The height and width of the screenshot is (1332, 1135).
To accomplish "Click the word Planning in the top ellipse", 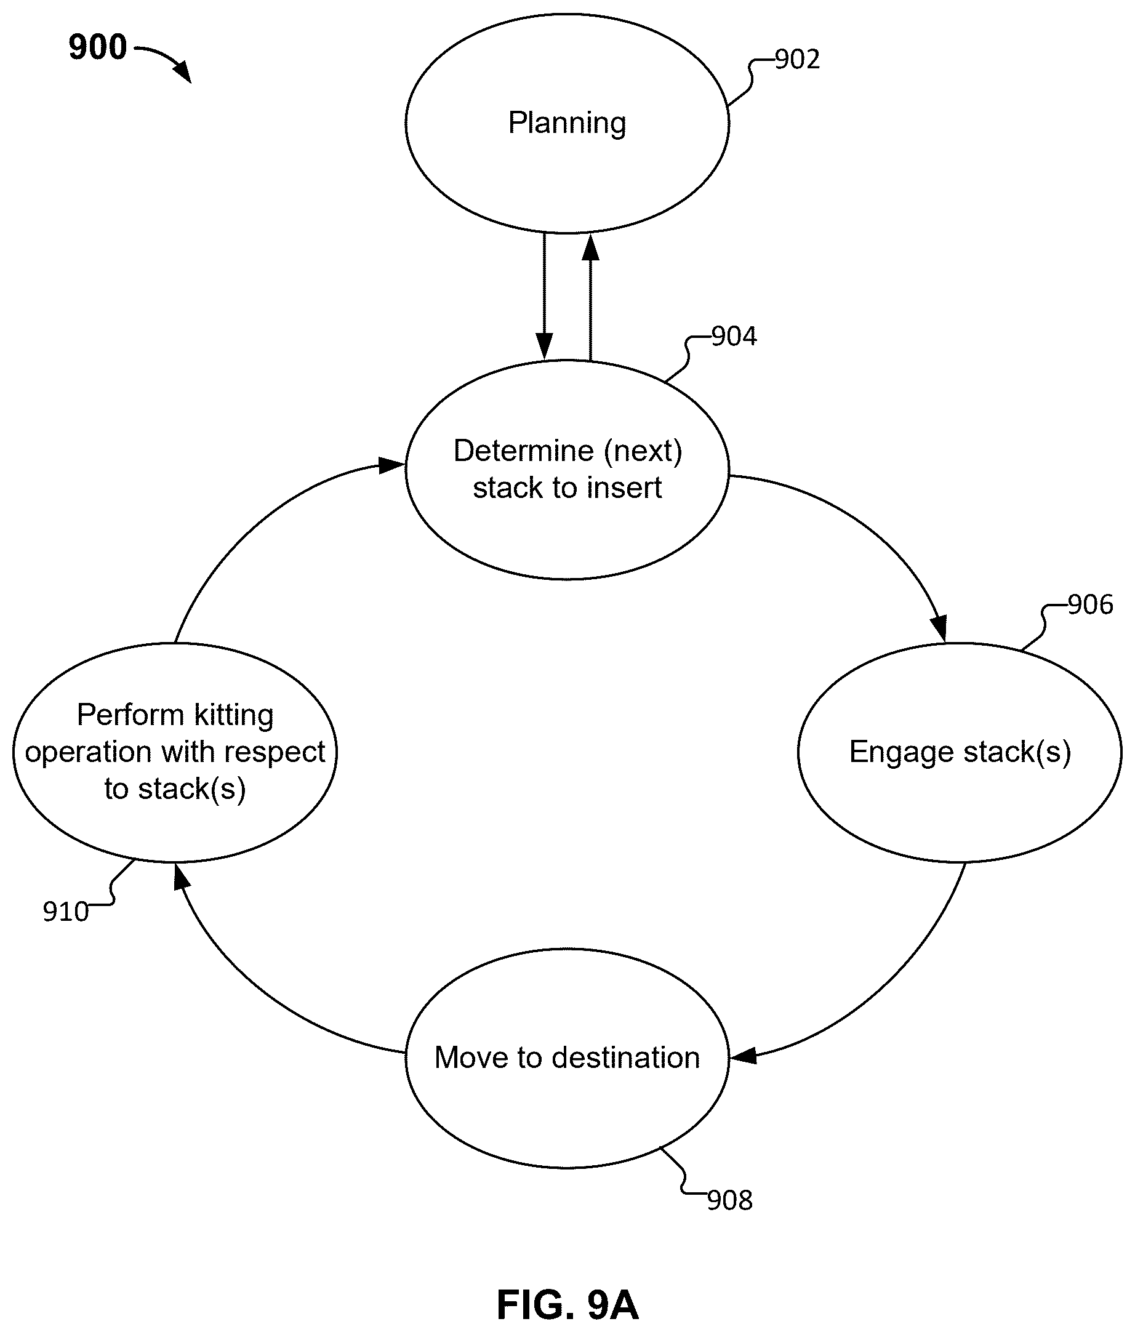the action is click(567, 122).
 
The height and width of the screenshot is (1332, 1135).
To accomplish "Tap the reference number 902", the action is click(798, 60).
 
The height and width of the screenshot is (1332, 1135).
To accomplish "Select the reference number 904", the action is click(734, 337).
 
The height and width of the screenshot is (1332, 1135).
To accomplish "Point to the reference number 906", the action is click(1091, 605).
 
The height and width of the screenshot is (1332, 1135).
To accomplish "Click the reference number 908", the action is click(730, 1201).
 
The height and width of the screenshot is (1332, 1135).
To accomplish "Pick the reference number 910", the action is click(66, 912).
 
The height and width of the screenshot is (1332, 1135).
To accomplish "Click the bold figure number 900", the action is click(98, 47).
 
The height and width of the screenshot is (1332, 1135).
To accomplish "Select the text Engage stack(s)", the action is click(960, 753).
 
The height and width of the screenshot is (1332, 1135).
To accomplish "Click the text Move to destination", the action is click(567, 1057).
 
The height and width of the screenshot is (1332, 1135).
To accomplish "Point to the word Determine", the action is click(523, 451).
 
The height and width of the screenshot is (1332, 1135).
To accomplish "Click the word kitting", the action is click(234, 715).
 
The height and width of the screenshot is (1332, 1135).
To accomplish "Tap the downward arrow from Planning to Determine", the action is click(544, 296).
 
